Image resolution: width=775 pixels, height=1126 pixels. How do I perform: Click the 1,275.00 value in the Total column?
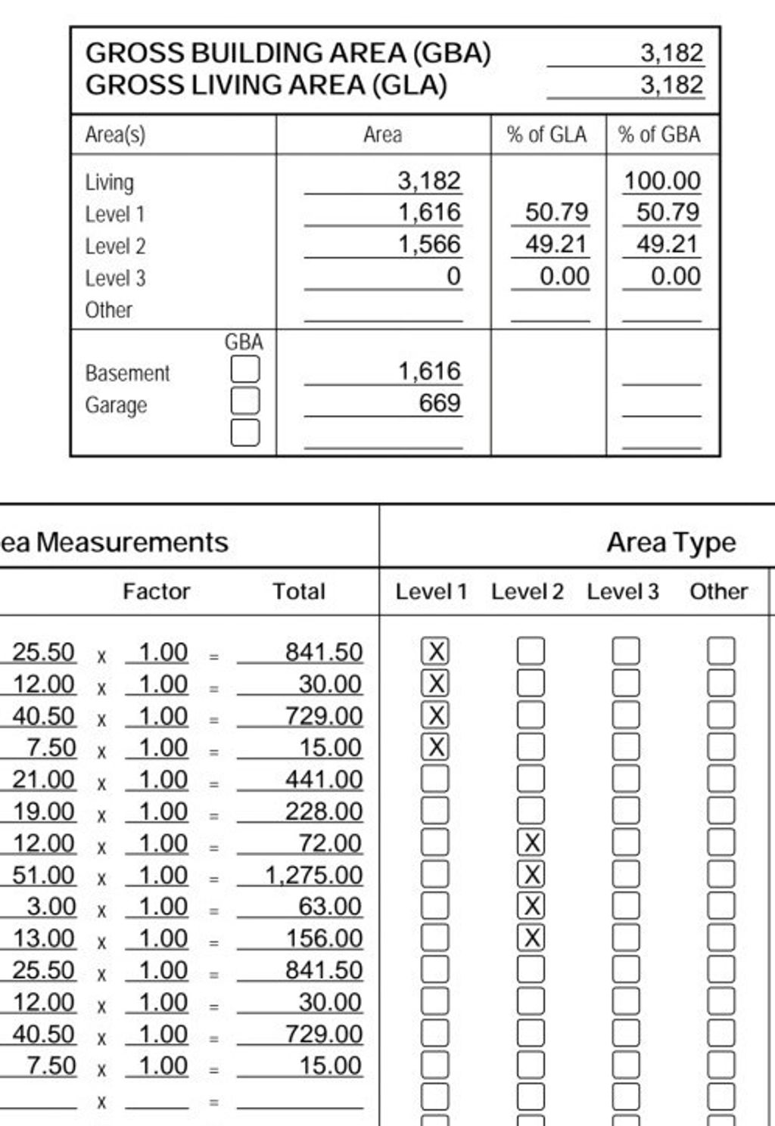pyautogui.click(x=313, y=875)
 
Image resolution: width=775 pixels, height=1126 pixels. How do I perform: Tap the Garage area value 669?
pyautogui.click(x=440, y=403)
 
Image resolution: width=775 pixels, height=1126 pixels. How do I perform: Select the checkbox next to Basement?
pyautogui.click(x=244, y=370)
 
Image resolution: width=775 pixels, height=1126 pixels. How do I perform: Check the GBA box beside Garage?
pyautogui.click(x=244, y=401)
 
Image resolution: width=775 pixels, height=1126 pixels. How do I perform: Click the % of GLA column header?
pyautogui.click(x=546, y=135)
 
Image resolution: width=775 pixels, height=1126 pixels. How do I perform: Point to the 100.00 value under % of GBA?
pyautogui.click(x=661, y=181)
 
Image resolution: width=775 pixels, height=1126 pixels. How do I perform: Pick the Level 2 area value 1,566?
pyautogui.click(x=429, y=244)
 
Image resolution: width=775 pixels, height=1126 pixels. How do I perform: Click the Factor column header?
pyautogui.click(x=156, y=591)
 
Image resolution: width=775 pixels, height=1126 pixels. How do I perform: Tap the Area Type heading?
pyautogui.click(x=671, y=542)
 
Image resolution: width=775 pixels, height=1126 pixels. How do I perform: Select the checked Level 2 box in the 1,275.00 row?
pyautogui.click(x=531, y=874)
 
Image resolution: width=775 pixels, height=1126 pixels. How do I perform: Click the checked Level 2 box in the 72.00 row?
pyautogui.click(x=531, y=842)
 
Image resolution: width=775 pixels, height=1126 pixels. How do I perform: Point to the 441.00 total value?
pyautogui.click(x=323, y=780)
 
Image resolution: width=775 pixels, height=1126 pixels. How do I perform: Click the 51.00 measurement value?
pyautogui.click(x=44, y=875)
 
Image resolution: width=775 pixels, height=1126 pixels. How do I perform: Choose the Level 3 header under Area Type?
pyautogui.click(x=622, y=591)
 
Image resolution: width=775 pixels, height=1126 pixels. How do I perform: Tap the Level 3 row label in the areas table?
pyautogui.click(x=115, y=278)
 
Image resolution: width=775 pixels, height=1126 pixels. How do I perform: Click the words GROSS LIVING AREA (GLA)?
pyautogui.click(x=266, y=85)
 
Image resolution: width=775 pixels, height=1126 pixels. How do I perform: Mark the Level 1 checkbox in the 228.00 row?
pyautogui.click(x=434, y=811)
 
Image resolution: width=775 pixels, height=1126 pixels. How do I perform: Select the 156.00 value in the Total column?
pyautogui.click(x=324, y=938)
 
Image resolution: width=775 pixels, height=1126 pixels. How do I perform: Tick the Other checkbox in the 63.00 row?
pyautogui.click(x=721, y=906)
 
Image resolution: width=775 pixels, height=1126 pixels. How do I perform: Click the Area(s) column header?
pyautogui.click(x=115, y=135)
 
